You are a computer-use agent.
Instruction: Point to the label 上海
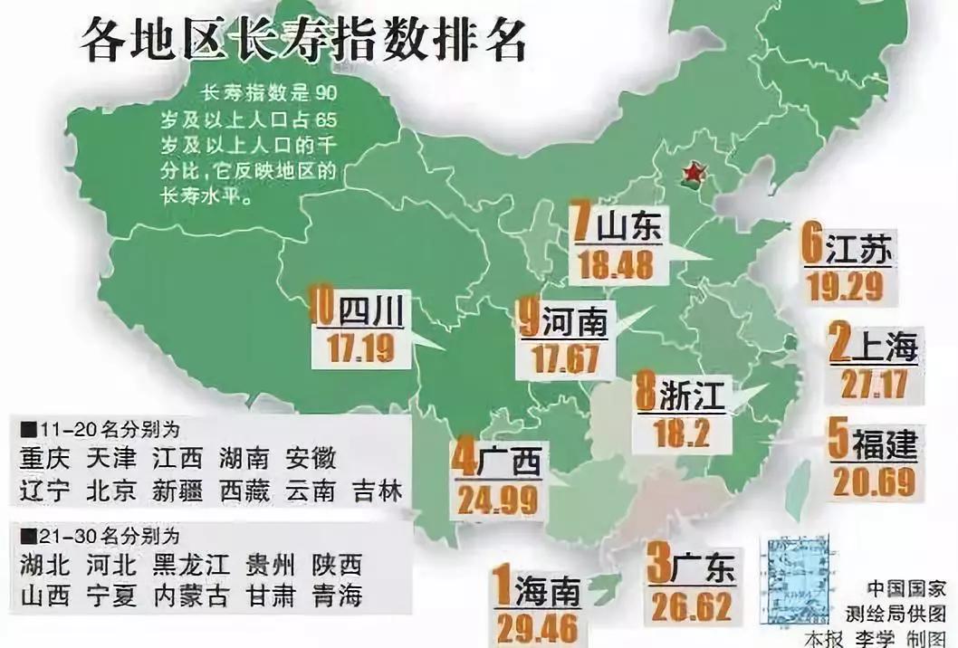885,347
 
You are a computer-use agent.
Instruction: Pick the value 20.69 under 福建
874,482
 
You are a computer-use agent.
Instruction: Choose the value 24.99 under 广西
498,500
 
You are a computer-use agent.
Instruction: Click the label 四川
369,311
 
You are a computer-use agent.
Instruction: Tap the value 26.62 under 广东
689,605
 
